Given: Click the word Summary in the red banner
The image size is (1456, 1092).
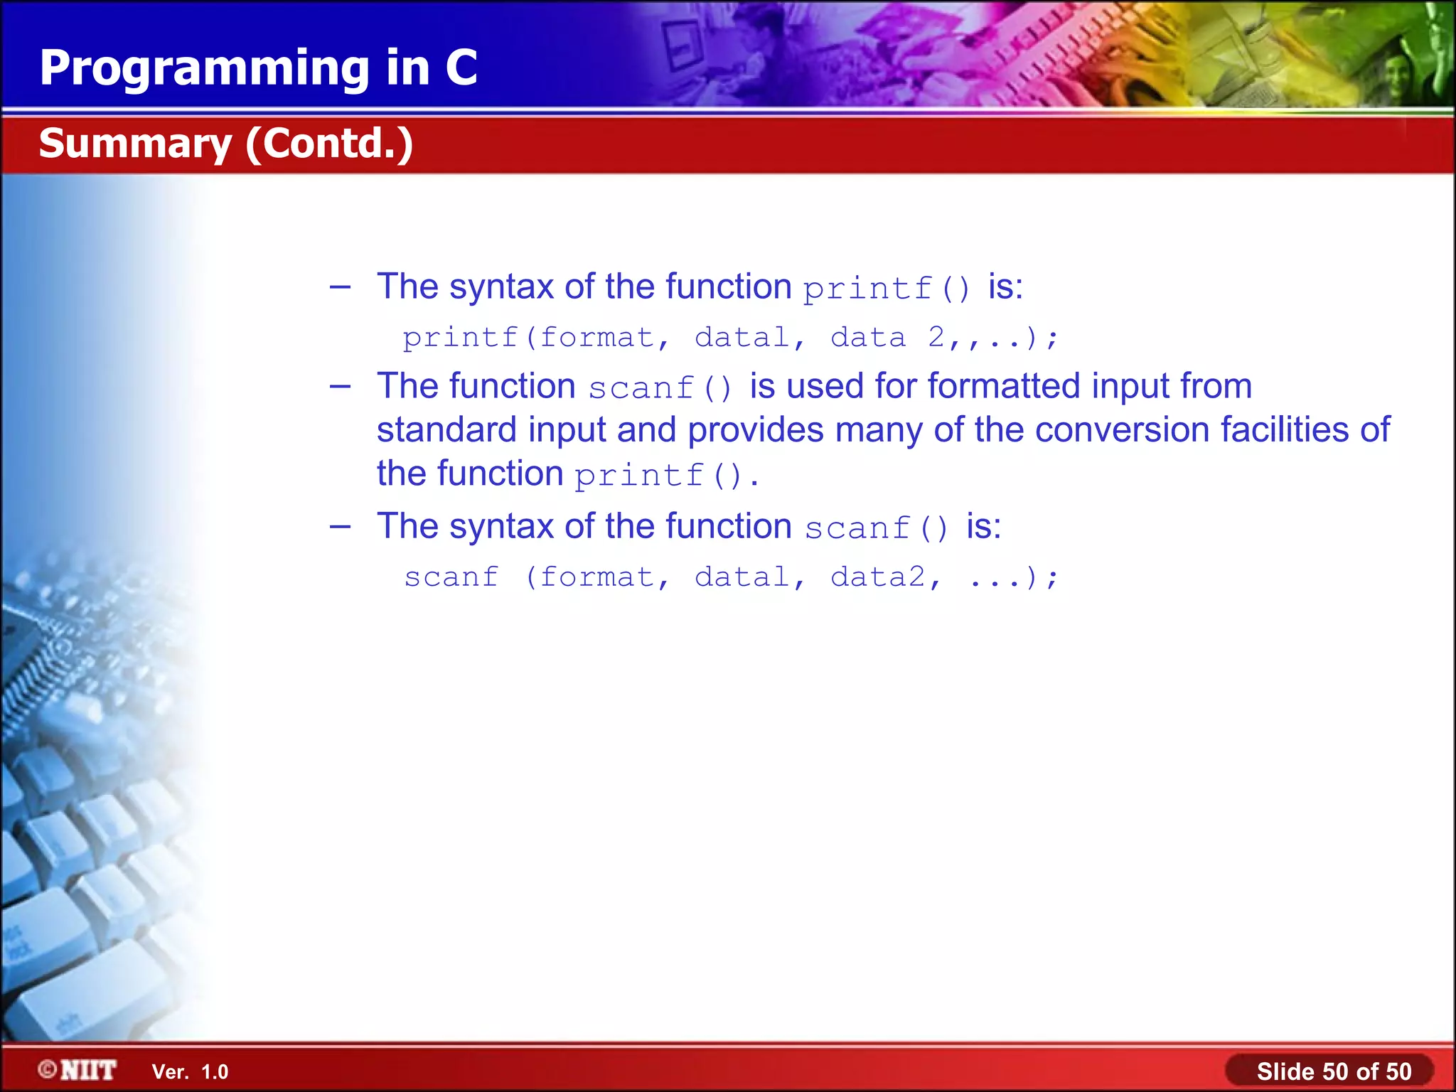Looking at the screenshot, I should point(135,144).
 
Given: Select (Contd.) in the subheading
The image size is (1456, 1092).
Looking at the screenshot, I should point(329,144).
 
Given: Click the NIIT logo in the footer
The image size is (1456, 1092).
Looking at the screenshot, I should point(78,1070).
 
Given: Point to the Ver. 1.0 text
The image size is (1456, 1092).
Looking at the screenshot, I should point(190,1071).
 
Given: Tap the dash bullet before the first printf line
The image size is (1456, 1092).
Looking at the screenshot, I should point(341,287).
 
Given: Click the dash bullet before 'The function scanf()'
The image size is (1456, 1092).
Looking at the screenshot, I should point(341,387).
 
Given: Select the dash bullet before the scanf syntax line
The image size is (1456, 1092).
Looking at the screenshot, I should point(341,527).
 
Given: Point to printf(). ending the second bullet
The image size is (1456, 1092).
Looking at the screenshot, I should point(666,475).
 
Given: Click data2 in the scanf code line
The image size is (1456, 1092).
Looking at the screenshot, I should point(878,577).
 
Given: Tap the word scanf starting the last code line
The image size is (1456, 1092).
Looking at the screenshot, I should point(451,577).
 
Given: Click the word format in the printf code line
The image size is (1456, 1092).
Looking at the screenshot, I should point(596,337).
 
